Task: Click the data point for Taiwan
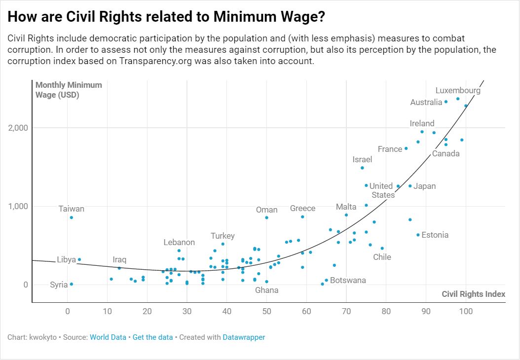click(x=72, y=217)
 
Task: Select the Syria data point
click(x=72, y=284)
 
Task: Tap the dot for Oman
click(x=266, y=217)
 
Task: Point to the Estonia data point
click(x=418, y=235)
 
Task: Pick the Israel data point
click(x=362, y=168)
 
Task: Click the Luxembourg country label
click(x=458, y=91)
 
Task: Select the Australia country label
click(x=426, y=103)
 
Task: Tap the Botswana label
click(x=348, y=281)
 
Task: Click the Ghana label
click(x=266, y=290)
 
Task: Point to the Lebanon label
click(x=179, y=243)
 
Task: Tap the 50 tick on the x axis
click(x=266, y=312)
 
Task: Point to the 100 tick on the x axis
click(x=466, y=312)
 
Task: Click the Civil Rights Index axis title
click(x=473, y=294)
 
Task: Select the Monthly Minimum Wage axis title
click(x=69, y=90)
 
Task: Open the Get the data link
click(x=151, y=337)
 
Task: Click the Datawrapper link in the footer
click(x=244, y=337)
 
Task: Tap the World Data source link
click(x=107, y=337)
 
